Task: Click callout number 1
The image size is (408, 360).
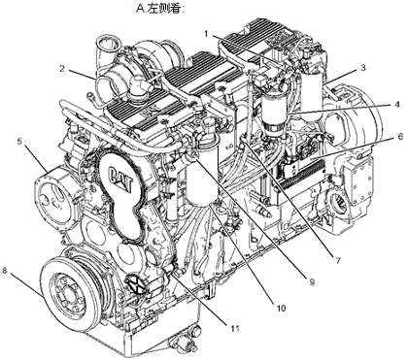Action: pos(206,33)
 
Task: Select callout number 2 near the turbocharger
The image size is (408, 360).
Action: pos(62,69)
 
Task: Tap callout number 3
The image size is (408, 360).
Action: pos(363,68)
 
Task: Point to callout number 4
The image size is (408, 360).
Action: pos(397,105)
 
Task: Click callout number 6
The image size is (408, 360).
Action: pos(400,137)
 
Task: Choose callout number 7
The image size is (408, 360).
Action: pos(338,260)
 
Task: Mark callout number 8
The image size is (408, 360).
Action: pos(5,271)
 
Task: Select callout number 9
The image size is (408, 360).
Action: pos(312,282)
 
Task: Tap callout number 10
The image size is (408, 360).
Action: pos(281,309)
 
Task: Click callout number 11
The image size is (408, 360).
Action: pos(235,328)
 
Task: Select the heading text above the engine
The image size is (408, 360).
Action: pos(159,8)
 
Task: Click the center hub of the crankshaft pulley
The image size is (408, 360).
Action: pos(70,294)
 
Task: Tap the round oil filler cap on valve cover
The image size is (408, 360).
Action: pos(136,86)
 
